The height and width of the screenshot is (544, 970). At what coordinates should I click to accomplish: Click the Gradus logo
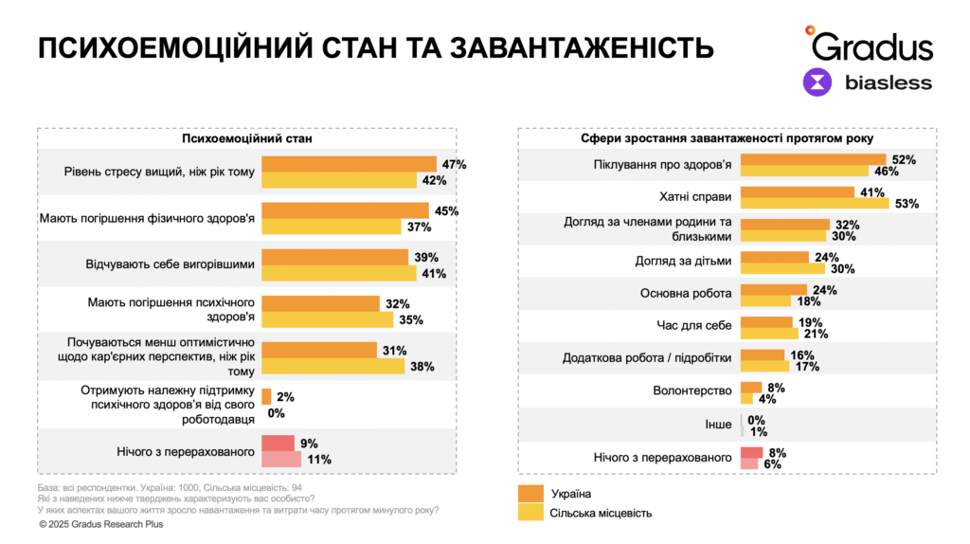click(x=869, y=44)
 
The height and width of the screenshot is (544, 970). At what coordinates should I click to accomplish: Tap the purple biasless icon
click(x=817, y=82)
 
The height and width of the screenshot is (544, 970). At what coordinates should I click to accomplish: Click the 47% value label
click(x=454, y=165)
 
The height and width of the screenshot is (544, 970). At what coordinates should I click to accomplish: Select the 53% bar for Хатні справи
click(x=814, y=202)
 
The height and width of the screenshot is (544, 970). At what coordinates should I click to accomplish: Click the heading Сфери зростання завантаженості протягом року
click(x=727, y=138)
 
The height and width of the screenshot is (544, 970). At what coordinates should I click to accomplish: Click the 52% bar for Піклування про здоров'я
click(x=813, y=159)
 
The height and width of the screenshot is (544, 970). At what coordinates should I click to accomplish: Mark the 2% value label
click(x=285, y=397)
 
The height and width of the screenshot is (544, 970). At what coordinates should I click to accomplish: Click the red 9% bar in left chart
click(x=279, y=443)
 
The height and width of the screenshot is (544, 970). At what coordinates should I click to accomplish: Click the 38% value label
click(x=421, y=366)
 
